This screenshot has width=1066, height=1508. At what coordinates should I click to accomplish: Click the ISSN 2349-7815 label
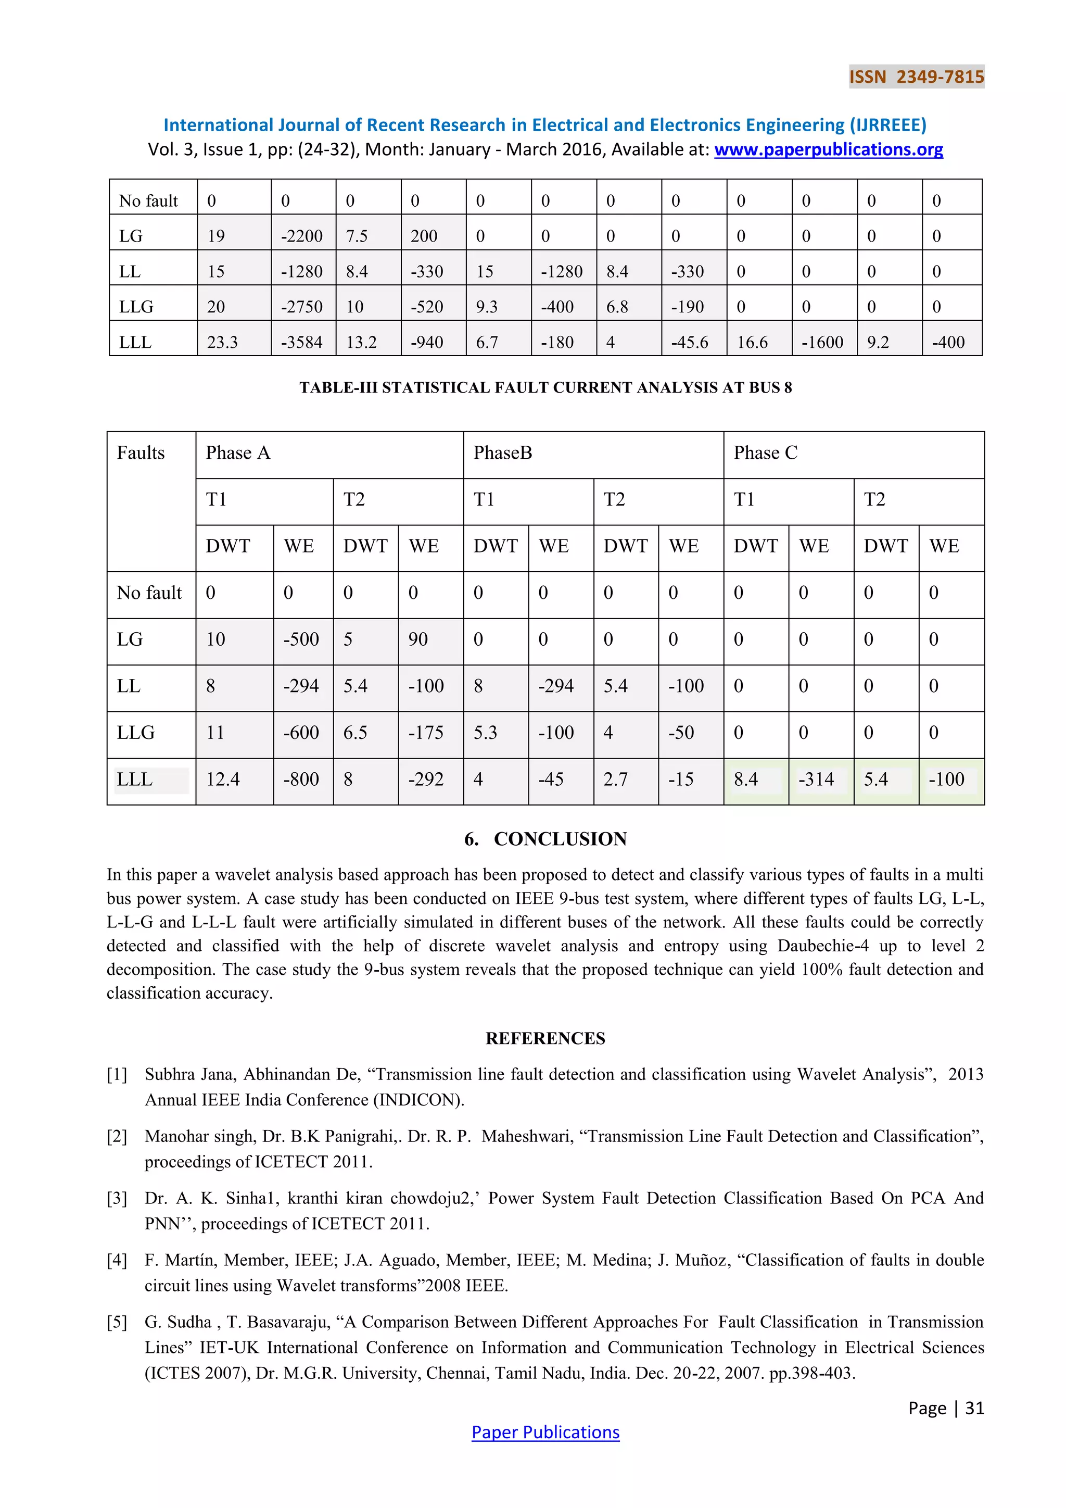916,77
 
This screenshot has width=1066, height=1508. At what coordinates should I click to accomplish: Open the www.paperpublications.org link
828,150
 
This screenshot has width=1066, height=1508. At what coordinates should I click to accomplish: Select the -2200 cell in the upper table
302,236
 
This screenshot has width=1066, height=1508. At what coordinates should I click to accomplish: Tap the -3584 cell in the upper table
302,342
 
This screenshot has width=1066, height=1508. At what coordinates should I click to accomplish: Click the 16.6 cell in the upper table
752,342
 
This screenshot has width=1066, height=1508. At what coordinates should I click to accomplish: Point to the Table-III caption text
545,387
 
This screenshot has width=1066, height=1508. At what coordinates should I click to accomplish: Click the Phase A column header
238,453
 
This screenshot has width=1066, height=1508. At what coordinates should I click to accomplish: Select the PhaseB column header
503,453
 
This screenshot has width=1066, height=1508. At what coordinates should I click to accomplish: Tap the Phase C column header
765,453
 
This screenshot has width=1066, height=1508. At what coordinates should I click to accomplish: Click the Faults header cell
141,453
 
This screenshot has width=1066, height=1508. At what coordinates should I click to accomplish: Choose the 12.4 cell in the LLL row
223,780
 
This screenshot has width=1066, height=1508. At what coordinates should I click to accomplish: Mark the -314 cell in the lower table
816,780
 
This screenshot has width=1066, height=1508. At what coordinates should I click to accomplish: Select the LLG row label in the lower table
136,733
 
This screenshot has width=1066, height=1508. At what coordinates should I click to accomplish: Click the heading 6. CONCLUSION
545,839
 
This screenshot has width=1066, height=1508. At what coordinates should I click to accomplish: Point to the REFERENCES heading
545,1038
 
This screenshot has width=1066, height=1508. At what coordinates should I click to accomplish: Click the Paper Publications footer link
545,1432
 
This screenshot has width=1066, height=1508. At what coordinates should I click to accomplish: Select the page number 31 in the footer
975,1408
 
